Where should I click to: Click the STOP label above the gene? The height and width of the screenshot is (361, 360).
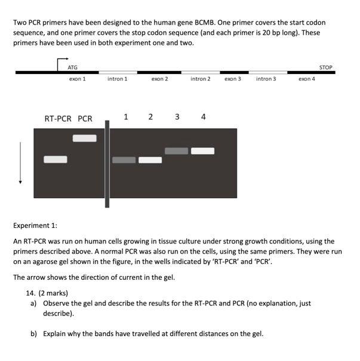325,67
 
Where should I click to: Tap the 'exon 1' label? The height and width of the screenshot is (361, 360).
77,79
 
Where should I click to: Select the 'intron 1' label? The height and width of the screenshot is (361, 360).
117,79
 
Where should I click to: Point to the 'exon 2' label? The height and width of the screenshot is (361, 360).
159,79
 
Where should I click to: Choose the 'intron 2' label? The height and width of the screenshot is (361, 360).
200,79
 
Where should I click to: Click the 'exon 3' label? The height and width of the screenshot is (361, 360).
233,79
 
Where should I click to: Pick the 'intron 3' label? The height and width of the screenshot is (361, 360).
266,79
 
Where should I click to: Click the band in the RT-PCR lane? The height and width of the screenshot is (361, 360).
55,159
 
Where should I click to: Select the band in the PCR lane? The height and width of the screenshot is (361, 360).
84,138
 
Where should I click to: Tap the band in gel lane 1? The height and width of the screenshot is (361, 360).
124,160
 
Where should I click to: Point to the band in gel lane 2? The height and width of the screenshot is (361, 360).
150,160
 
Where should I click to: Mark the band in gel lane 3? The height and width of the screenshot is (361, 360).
176,151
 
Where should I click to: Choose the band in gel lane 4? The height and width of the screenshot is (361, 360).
203,151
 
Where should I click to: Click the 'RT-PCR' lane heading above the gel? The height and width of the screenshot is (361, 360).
58,119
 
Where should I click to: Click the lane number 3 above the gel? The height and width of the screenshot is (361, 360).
177,116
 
